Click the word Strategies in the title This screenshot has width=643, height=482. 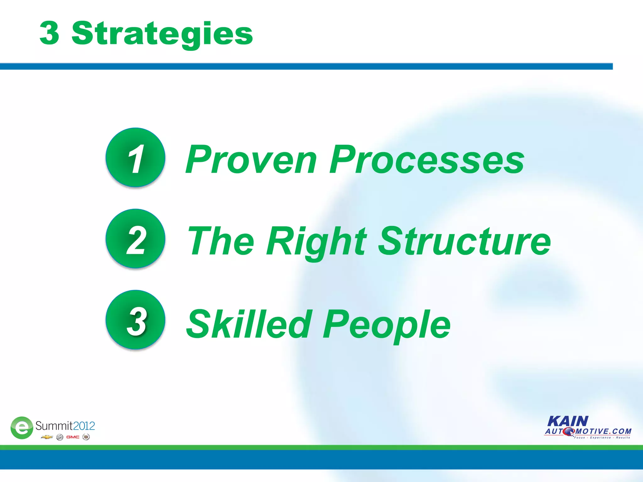[x=162, y=34]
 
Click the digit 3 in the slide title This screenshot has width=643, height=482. [x=49, y=33]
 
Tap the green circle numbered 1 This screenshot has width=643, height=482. [x=135, y=158]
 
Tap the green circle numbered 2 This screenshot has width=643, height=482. [x=135, y=239]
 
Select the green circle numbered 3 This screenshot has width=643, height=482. [x=135, y=320]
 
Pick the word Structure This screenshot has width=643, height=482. [x=464, y=241]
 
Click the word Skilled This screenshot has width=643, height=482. [x=249, y=324]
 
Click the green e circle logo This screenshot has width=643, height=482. [x=22, y=428]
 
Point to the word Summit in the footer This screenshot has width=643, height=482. [x=54, y=426]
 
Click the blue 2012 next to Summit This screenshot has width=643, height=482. [x=84, y=426]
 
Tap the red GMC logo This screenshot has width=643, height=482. [x=73, y=437]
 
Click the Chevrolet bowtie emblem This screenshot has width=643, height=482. [x=47, y=437]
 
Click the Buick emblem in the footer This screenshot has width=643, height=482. [x=60, y=437]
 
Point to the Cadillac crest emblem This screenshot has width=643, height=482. [x=86, y=437]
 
